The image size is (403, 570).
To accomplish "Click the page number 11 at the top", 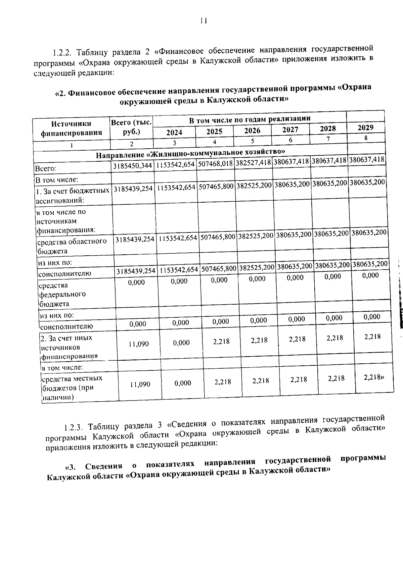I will tap(203, 21).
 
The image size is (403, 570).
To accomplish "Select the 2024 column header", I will tap(174, 132).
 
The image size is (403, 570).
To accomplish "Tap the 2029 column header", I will tap(365, 127).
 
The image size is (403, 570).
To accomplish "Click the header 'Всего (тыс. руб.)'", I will tap(132, 127).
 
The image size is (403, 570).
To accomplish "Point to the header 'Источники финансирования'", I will tap(71, 128).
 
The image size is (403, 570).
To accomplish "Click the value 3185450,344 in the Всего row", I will tap(132, 166).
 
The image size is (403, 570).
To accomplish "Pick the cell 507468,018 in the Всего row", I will tap(215, 164).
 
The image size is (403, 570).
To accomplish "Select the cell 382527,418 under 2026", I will tap(253, 163).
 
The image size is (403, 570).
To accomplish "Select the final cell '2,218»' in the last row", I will tap(374, 377).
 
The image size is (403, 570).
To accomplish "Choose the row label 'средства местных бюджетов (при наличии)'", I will tap(72, 388).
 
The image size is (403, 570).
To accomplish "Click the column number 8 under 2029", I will tap(366, 138).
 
